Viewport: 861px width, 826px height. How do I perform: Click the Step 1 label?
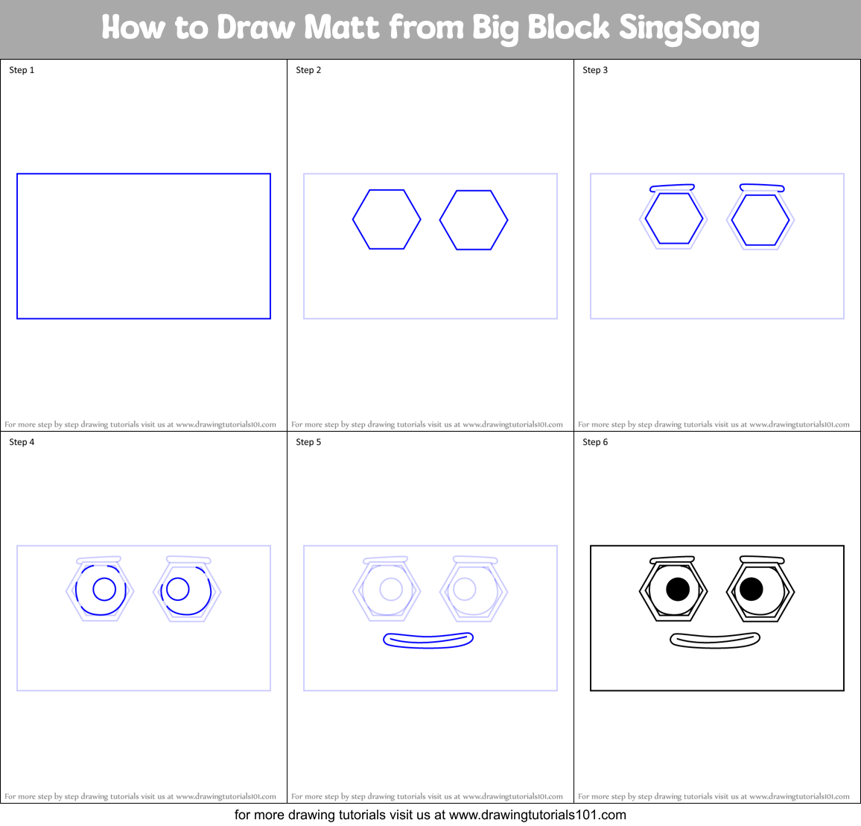click(x=22, y=70)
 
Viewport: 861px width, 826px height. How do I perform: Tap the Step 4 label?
click(x=22, y=442)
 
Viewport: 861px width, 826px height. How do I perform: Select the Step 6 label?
click(x=595, y=442)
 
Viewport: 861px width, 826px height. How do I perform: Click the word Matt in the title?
click(x=342, y=28)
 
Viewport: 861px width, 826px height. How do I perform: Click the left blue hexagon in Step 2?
click(x=387, y=219)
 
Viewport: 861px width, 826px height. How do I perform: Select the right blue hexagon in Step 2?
click(x=474, y=220)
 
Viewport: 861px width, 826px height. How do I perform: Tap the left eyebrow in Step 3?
click(x=672, y=188)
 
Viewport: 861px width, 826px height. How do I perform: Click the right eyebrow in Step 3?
click(x=762, y=187)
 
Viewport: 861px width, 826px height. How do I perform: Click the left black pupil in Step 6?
click(x=678, y=590)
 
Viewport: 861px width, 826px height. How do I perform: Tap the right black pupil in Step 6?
click(x=751, y=589)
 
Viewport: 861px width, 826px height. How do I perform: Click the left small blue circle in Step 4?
click(x=104, y=590)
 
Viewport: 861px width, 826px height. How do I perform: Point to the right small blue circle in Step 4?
click(x=177, y=589)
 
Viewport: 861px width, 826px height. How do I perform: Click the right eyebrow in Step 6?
click(x=762, y=559)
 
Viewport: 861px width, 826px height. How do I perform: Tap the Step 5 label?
click(x=308, y=442)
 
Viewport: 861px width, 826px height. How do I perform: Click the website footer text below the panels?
click(x=430, y=815)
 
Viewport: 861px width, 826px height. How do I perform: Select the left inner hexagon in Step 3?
click(x=673, y=218)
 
